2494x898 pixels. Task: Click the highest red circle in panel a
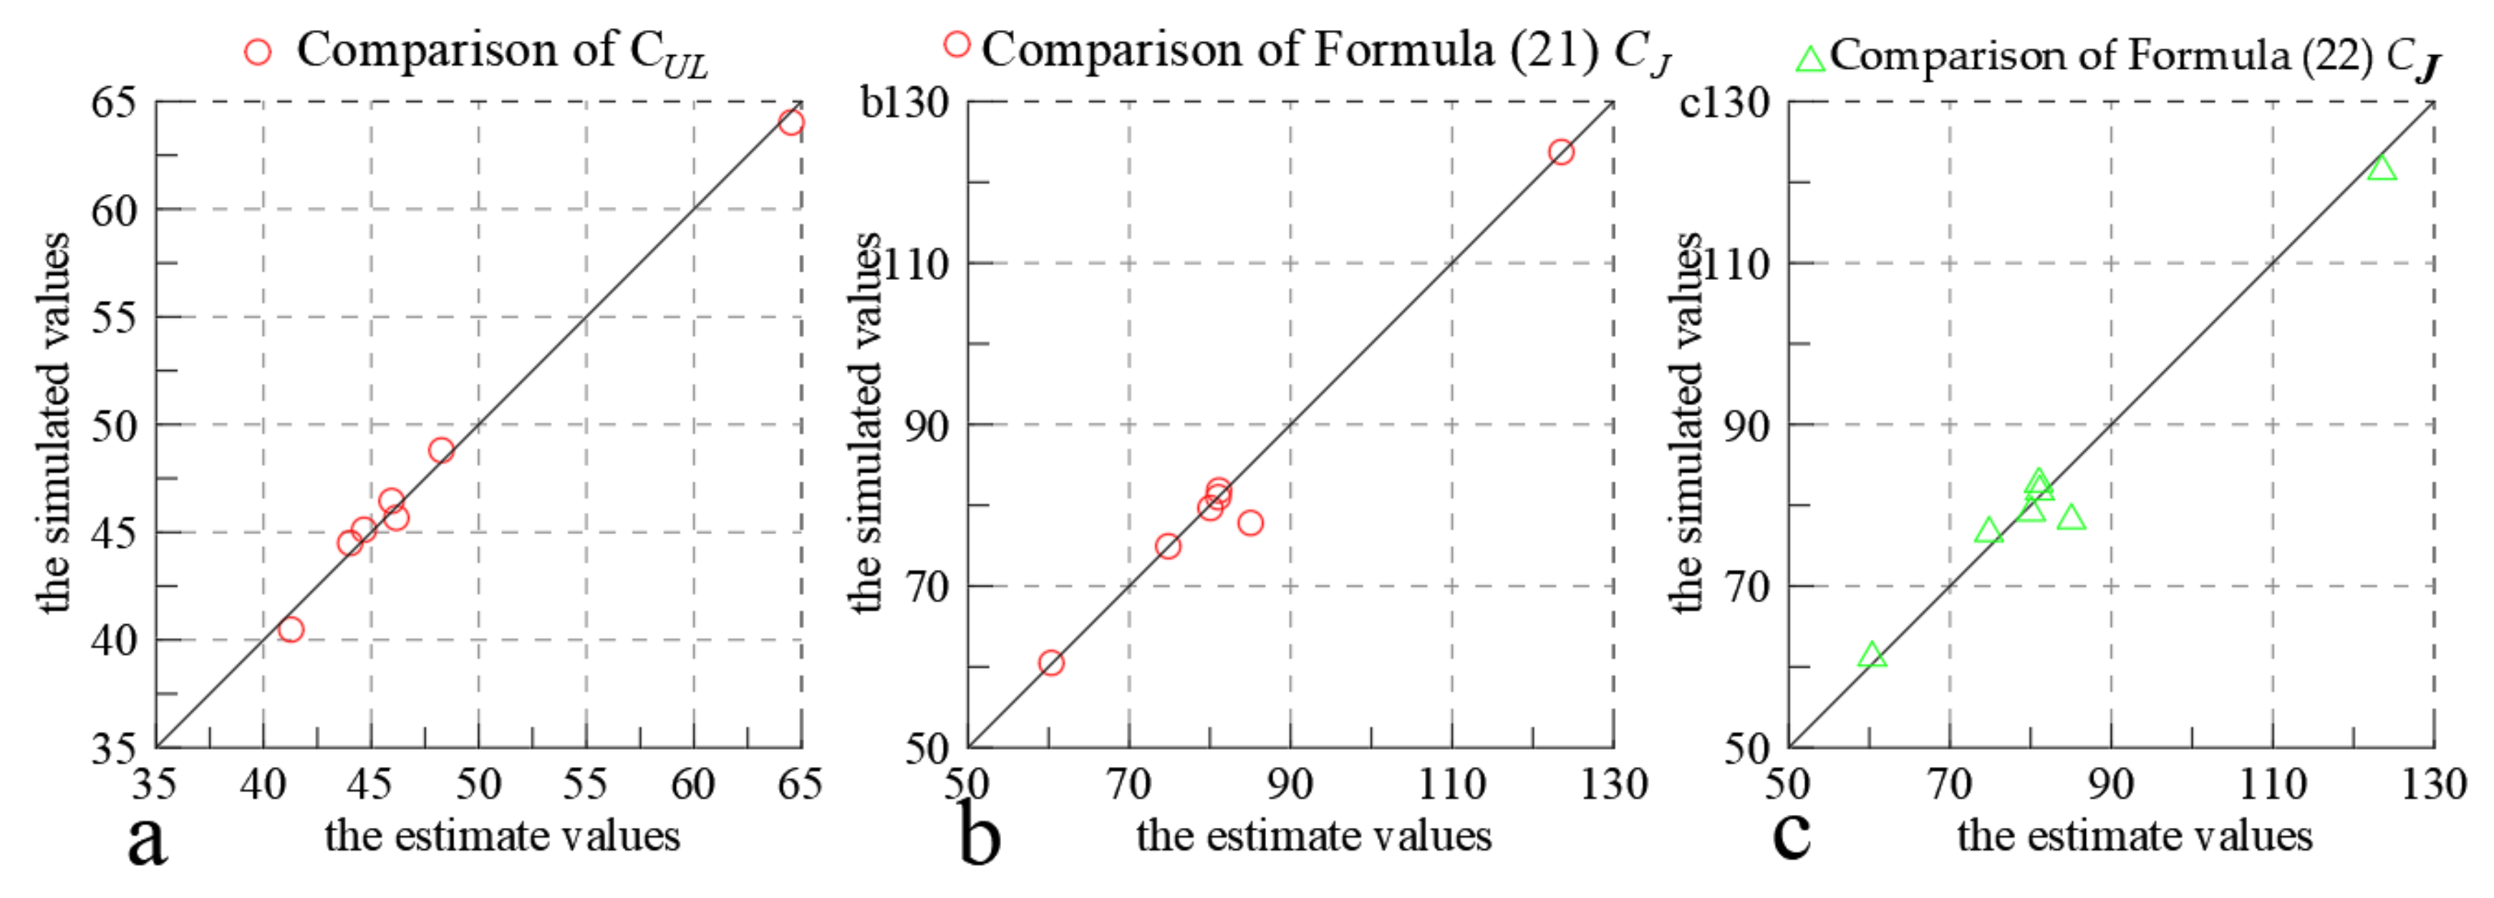point(791,122)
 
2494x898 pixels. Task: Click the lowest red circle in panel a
point(291,629)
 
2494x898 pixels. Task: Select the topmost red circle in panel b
point(1561,152)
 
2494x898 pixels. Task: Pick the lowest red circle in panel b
point(1050,662)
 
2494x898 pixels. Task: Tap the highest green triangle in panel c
point(2382,168)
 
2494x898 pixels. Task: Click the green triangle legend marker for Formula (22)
point(1809,60)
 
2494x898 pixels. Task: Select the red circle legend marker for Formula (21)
point(957,44)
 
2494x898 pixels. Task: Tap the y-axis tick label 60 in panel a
point(115,211)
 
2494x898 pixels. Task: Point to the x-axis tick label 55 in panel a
point(585,783)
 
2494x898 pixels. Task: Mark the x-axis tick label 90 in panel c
point(2111,783)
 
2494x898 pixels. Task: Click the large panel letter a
point(148,839)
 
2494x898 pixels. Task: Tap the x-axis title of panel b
point(1314,836)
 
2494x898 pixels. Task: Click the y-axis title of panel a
point(54,423)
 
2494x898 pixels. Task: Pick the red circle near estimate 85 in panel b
point(1250,523)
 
